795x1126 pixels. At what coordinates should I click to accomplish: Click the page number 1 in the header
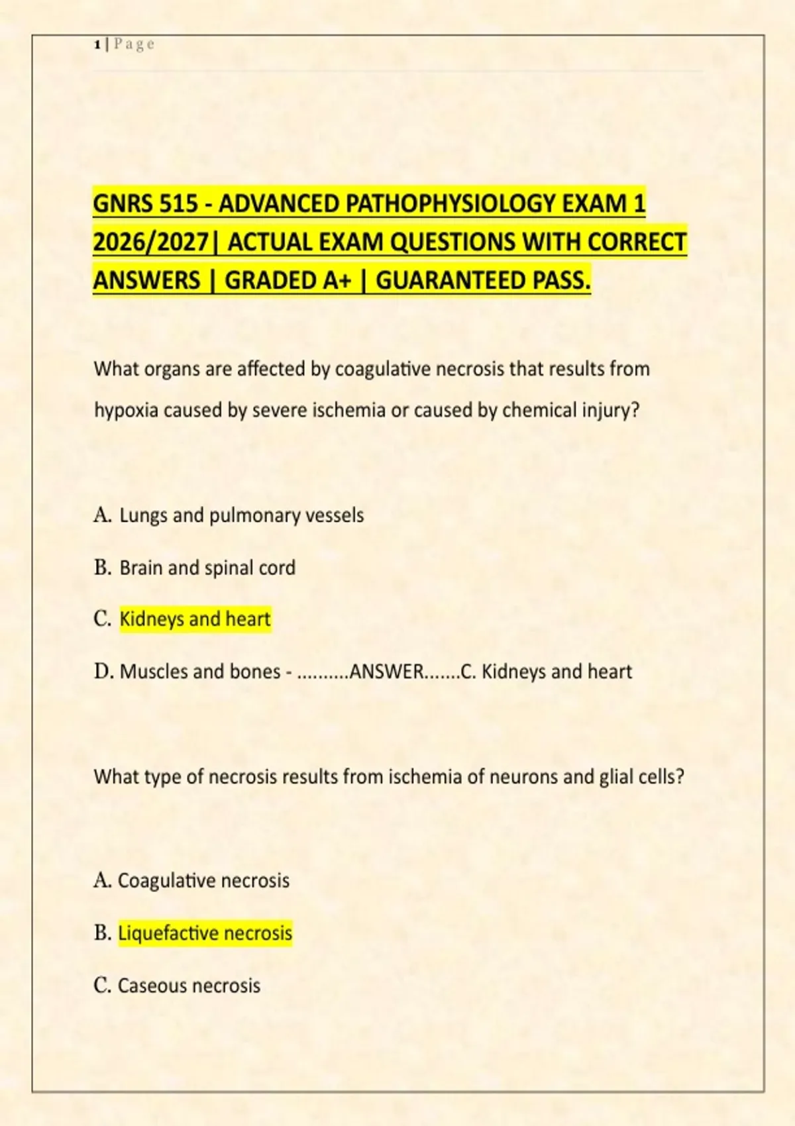coord(97,44)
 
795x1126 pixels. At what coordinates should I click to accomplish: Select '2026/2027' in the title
coord(150,242)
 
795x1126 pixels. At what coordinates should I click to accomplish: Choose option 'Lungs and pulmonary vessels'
coord(241,515)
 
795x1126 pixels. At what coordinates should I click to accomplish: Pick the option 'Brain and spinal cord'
coord(207,568)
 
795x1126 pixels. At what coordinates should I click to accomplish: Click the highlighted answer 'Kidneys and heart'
coord(195,619)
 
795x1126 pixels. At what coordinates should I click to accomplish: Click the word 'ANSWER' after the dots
coord(386,672)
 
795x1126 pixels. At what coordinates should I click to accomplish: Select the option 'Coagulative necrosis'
coord(203,881)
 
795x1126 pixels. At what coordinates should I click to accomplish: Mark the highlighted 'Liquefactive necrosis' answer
coord(205,933)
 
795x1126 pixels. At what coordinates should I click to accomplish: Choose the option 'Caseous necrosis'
coord(189,986)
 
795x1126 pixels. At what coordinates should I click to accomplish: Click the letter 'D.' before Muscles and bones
coord(104,672)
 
